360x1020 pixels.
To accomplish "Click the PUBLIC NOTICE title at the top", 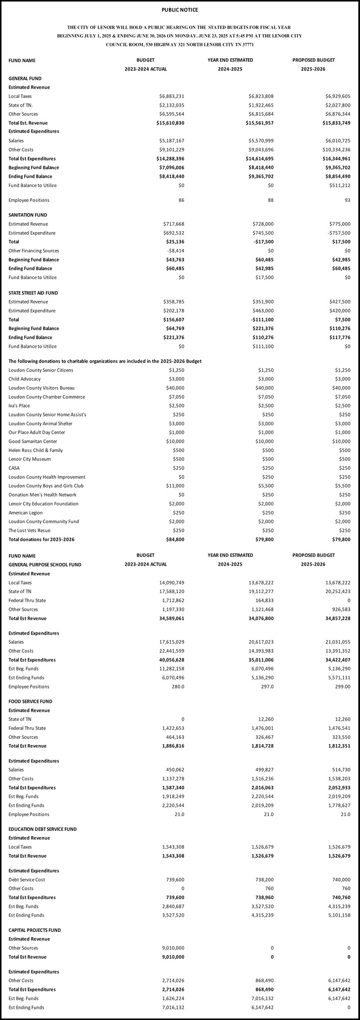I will pos(179,10).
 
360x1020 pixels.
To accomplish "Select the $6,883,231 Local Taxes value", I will pos(171,96).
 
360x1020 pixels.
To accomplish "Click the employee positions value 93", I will pos(347,200).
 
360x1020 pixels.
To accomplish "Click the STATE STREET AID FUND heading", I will pos(33,293).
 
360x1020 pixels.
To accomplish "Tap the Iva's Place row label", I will pos(19,406).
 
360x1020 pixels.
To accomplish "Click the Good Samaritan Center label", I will pos(33,442).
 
